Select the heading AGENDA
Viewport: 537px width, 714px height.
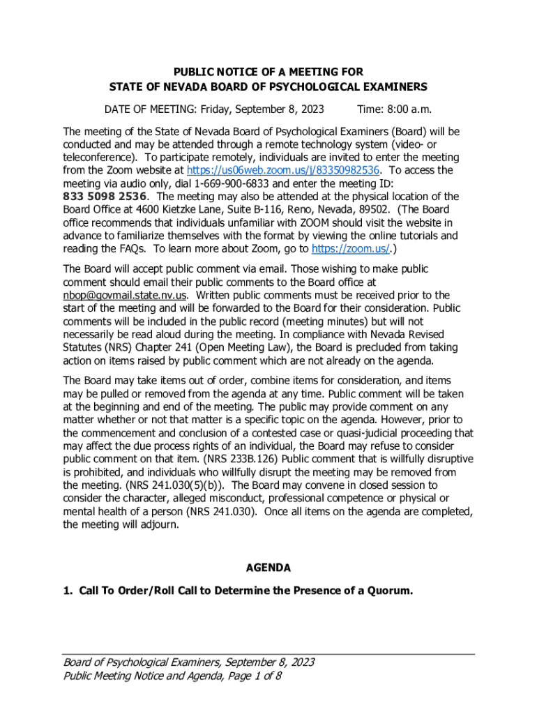(268, 568)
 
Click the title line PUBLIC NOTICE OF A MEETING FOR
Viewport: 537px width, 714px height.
(268, 72)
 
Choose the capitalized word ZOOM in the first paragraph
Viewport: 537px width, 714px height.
(321, 222)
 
